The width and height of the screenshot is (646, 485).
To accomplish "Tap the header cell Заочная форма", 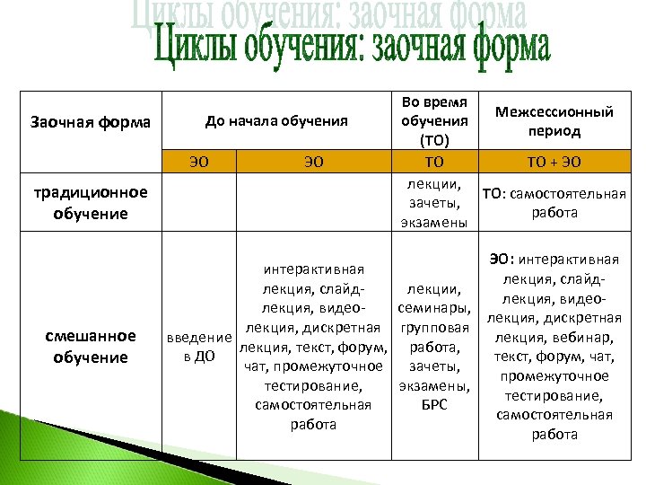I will [91, 121].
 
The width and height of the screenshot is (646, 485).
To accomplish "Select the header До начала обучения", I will [276, 120].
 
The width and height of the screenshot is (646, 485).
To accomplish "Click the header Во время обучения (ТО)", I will [434, 121].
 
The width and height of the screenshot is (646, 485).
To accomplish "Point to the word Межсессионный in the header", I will [559, 112].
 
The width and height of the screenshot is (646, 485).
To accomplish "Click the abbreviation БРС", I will [434, 405].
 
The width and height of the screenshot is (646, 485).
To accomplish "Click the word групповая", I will [434, 328].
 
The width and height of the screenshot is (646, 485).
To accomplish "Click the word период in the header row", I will [559, 131].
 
